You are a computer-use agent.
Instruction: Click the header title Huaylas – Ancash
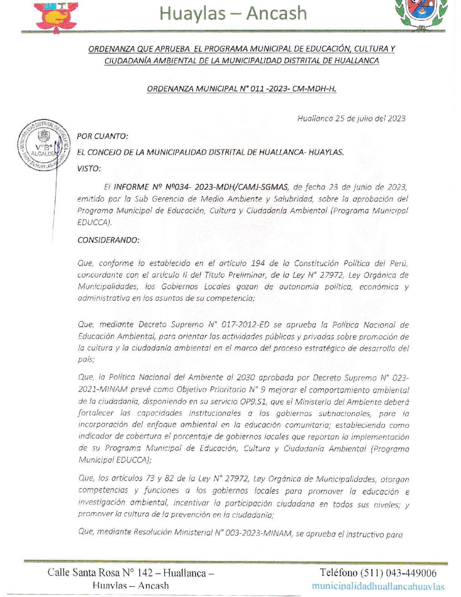pos(233,14)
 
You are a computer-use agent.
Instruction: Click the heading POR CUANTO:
pos(102,136)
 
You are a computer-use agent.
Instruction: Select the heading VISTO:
pos(89,168)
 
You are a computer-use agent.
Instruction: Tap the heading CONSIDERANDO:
pos(108,240)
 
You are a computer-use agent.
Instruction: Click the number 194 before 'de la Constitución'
pos(258,263)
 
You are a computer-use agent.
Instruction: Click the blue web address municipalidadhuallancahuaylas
pos(378,586)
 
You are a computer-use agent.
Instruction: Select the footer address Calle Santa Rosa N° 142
pos(100,573)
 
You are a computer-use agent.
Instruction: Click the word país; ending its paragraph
pos(86,360)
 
